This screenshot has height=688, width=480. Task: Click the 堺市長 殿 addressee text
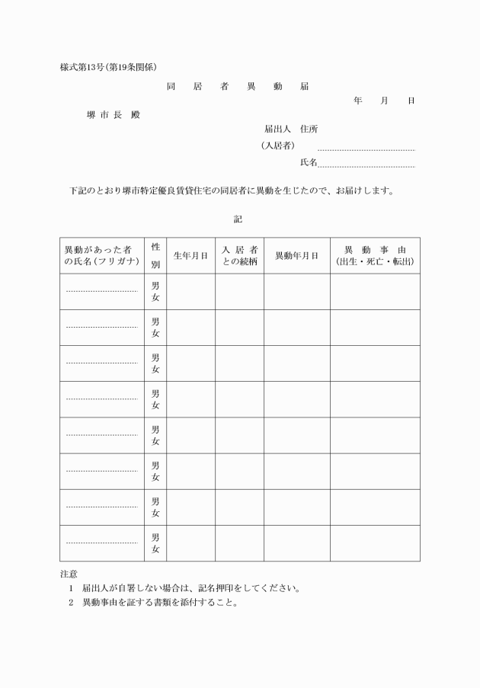pyautogui.click(x=114, y=115)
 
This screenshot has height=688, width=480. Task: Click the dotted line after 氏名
pyautogui.click(x=366, y=165)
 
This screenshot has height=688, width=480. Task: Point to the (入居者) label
pyautogui.click(x=277, y=146)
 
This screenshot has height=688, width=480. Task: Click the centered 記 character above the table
pyautogui.click(x=238, y=219)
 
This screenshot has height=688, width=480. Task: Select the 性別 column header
pyautogui.click(x=155, y=256)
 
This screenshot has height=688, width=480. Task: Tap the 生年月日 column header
pyautogui.click(x=190, y=256)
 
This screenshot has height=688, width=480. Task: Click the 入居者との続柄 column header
pyautogui.click(x=239, y=256)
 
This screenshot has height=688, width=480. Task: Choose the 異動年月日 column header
pyautogui.click(x=296, y=256)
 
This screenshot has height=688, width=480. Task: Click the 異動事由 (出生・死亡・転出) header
pyautogui.click(x=375, y=256)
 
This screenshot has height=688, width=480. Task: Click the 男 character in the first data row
pyautogui.click(x=155, y=286)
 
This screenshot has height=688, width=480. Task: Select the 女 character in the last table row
pyautogui.click(x=155, y=549)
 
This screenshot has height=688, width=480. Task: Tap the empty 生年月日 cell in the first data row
pyautogui.click(x=190, y=292)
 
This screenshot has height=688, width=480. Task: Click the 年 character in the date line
pyautogui.click(x=357, y=101)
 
